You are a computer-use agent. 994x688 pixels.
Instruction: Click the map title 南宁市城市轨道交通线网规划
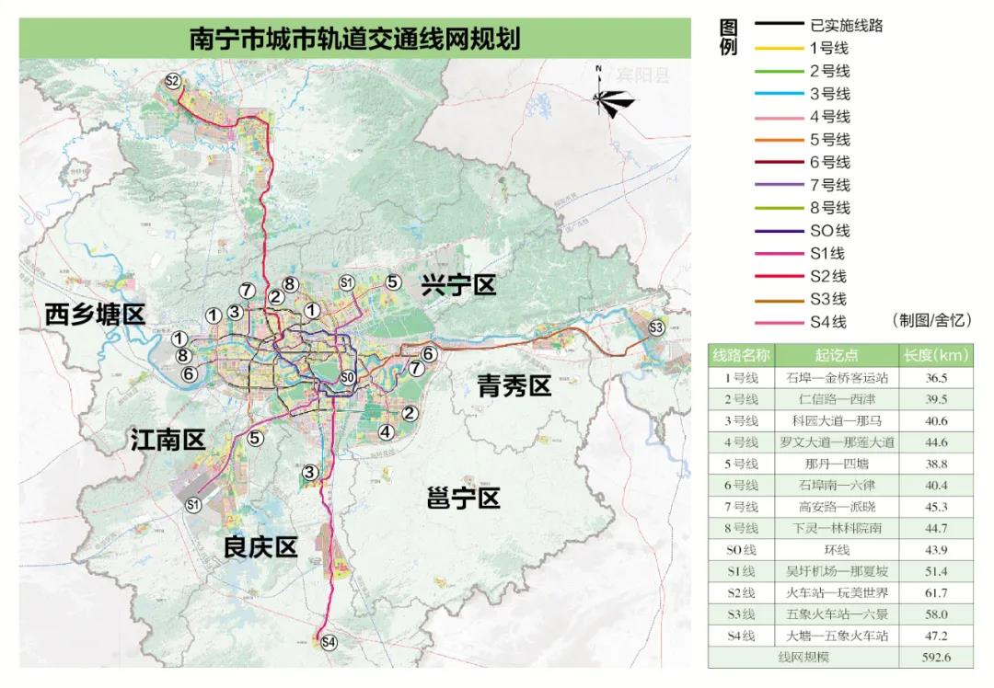(x=354, y=40)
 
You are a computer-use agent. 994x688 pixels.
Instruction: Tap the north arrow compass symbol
(x=610, y=100)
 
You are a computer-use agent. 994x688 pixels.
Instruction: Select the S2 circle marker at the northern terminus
(x=172, y=81)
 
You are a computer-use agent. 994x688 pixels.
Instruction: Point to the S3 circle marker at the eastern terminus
(x=656, y=327)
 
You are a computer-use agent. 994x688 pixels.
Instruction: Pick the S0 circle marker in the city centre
(x=347, y=377)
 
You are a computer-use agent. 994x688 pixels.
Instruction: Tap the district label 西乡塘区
(x=95, y=315)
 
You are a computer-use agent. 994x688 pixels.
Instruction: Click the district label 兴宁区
(x=457, y=285)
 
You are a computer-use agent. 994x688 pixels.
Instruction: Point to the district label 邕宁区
(x=464, y=499)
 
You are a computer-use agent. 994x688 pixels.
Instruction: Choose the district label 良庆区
(x=260, y=547)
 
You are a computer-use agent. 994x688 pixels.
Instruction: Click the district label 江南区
(x=168, y=441)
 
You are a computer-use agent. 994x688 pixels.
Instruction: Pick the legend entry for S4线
(x=829, y=322)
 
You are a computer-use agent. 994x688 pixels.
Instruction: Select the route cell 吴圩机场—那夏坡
(x=837, y=571)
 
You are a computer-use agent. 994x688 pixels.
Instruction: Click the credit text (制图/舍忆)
(x=931, y=320)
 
